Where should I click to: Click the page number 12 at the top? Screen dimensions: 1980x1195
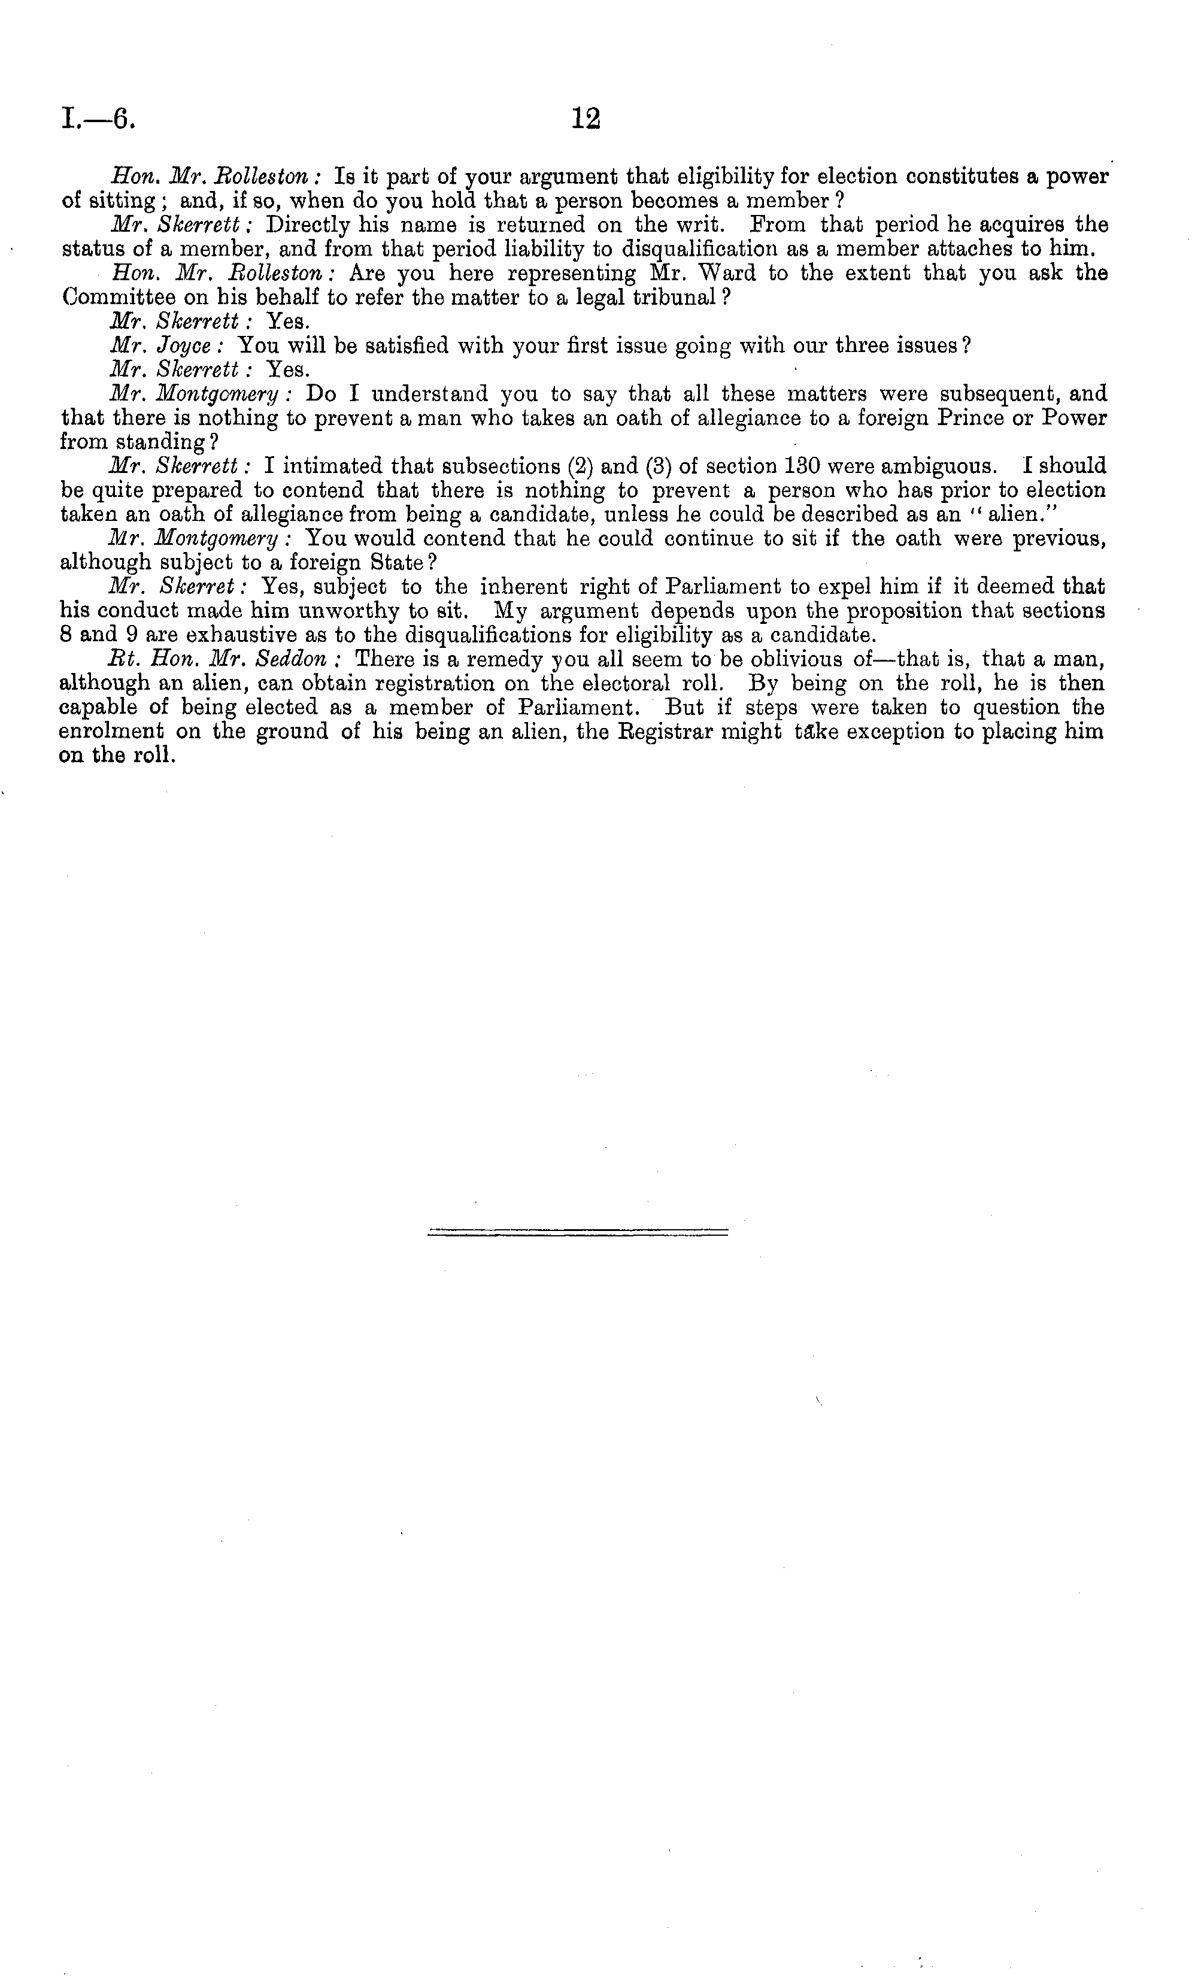pyautogui.click(x=586, y=119)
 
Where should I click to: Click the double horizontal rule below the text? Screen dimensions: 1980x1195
pyautogui.click(x=578, y=1231)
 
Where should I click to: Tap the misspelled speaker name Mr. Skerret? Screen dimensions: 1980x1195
pyautogui.click(x=177, y=587)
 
